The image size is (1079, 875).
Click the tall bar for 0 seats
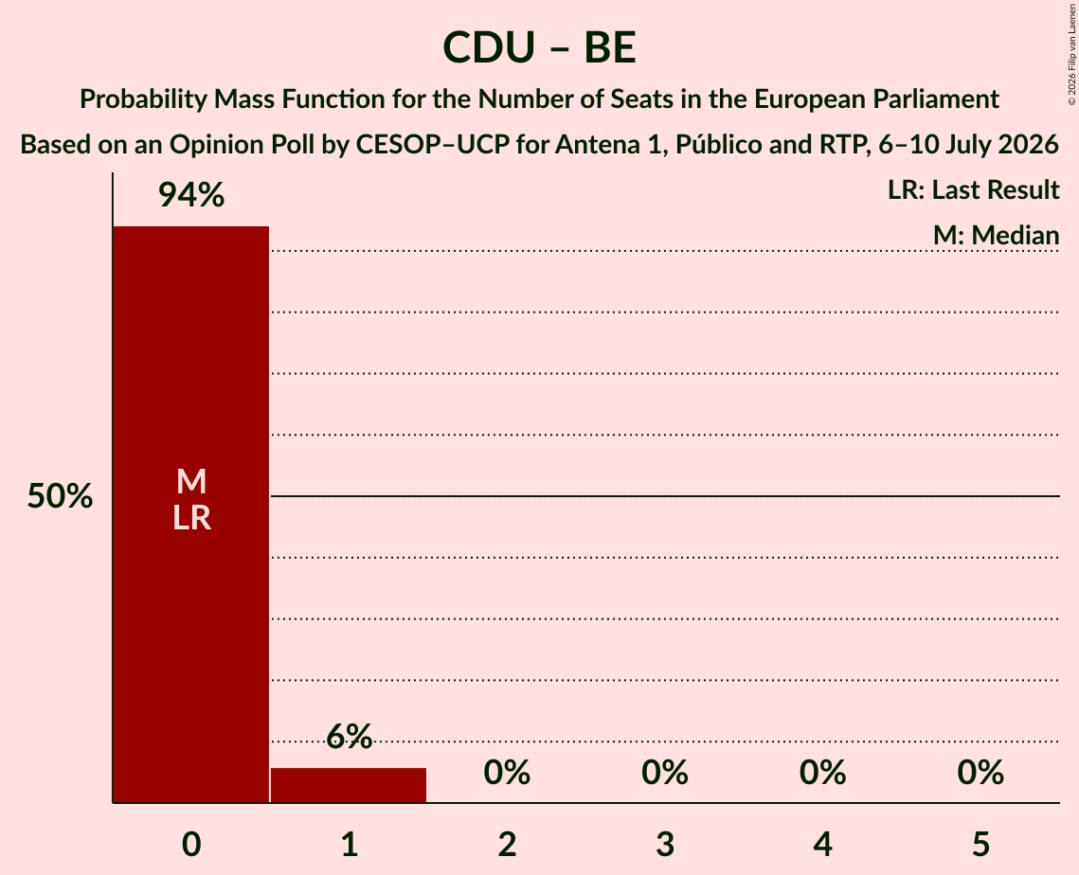tap(191, 514)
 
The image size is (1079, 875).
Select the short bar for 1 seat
tap(349, 785)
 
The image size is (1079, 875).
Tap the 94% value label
tap(191, 195)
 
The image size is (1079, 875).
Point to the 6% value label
tap(349, 737)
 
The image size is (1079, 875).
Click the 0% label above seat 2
tap(507, 773)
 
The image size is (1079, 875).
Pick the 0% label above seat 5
tap(980, 773)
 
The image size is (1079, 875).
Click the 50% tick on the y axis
tap(60, 496)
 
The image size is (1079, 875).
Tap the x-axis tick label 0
tap(191, 844)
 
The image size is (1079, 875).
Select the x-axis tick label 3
tap(665, 844)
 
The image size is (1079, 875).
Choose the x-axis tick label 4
tap(823, 844)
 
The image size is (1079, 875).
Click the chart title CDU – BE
tap(540, 47)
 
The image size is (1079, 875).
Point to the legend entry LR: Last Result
tap(973, 189)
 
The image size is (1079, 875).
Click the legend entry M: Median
tap(996, 235)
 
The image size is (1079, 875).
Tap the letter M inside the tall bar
tap(191, 481)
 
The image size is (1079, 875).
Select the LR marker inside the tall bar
tap(191, 517)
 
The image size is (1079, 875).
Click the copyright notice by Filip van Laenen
tap(1071, 54)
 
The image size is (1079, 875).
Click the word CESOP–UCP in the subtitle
tap(431, 145)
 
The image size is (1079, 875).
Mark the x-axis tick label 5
tap(980, 844)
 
